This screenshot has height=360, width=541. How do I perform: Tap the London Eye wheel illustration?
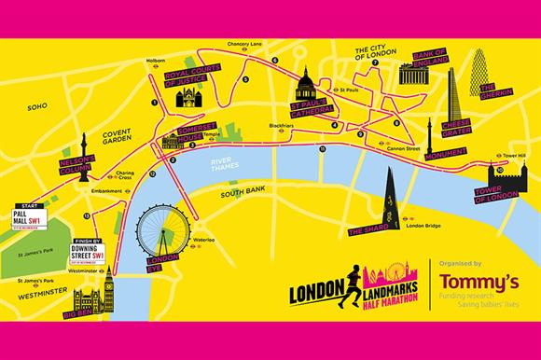[x=157, y=227]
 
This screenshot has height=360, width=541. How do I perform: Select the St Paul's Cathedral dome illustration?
[x=304, y=91]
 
